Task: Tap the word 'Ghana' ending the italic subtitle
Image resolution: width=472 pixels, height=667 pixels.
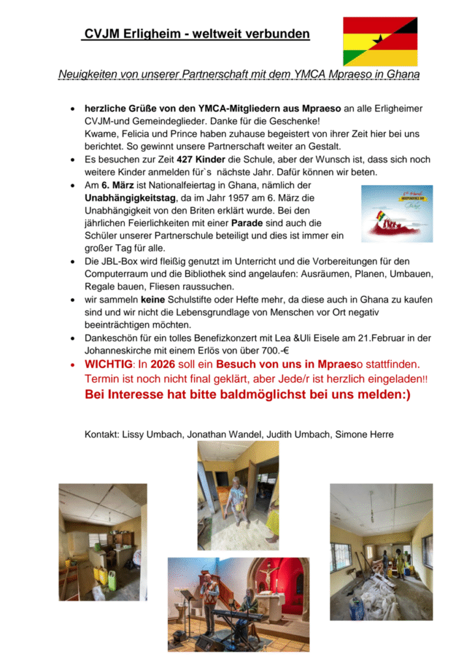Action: (403, 74)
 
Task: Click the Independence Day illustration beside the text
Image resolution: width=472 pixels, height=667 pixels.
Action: (397, 214)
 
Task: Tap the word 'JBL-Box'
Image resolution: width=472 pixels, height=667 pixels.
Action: (119, 262)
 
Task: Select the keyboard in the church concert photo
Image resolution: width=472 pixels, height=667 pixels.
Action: (238, 615)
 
